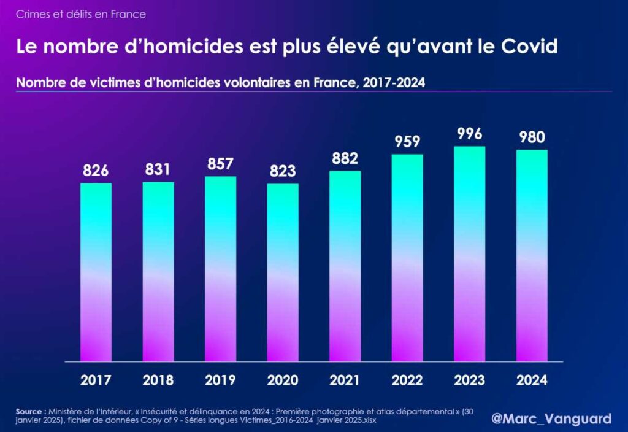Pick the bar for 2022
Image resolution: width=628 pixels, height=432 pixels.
(407, 258)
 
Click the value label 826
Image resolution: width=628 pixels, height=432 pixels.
(96, 171)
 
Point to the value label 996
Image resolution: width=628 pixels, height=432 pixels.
(469, 134)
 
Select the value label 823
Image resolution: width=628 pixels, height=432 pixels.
(283, 171)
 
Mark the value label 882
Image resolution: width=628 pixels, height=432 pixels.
(345, 158)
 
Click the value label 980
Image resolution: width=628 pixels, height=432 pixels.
(532, 137)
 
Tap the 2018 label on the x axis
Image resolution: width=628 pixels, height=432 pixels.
(158, 380)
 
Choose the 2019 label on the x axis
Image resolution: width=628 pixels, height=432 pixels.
(220, 380)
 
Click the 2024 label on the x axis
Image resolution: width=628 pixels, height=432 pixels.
(532, 380)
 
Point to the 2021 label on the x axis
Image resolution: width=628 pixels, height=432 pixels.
(345, 380)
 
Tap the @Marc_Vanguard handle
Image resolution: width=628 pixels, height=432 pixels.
(551, 418)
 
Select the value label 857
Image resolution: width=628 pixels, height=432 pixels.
(220, 164)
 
